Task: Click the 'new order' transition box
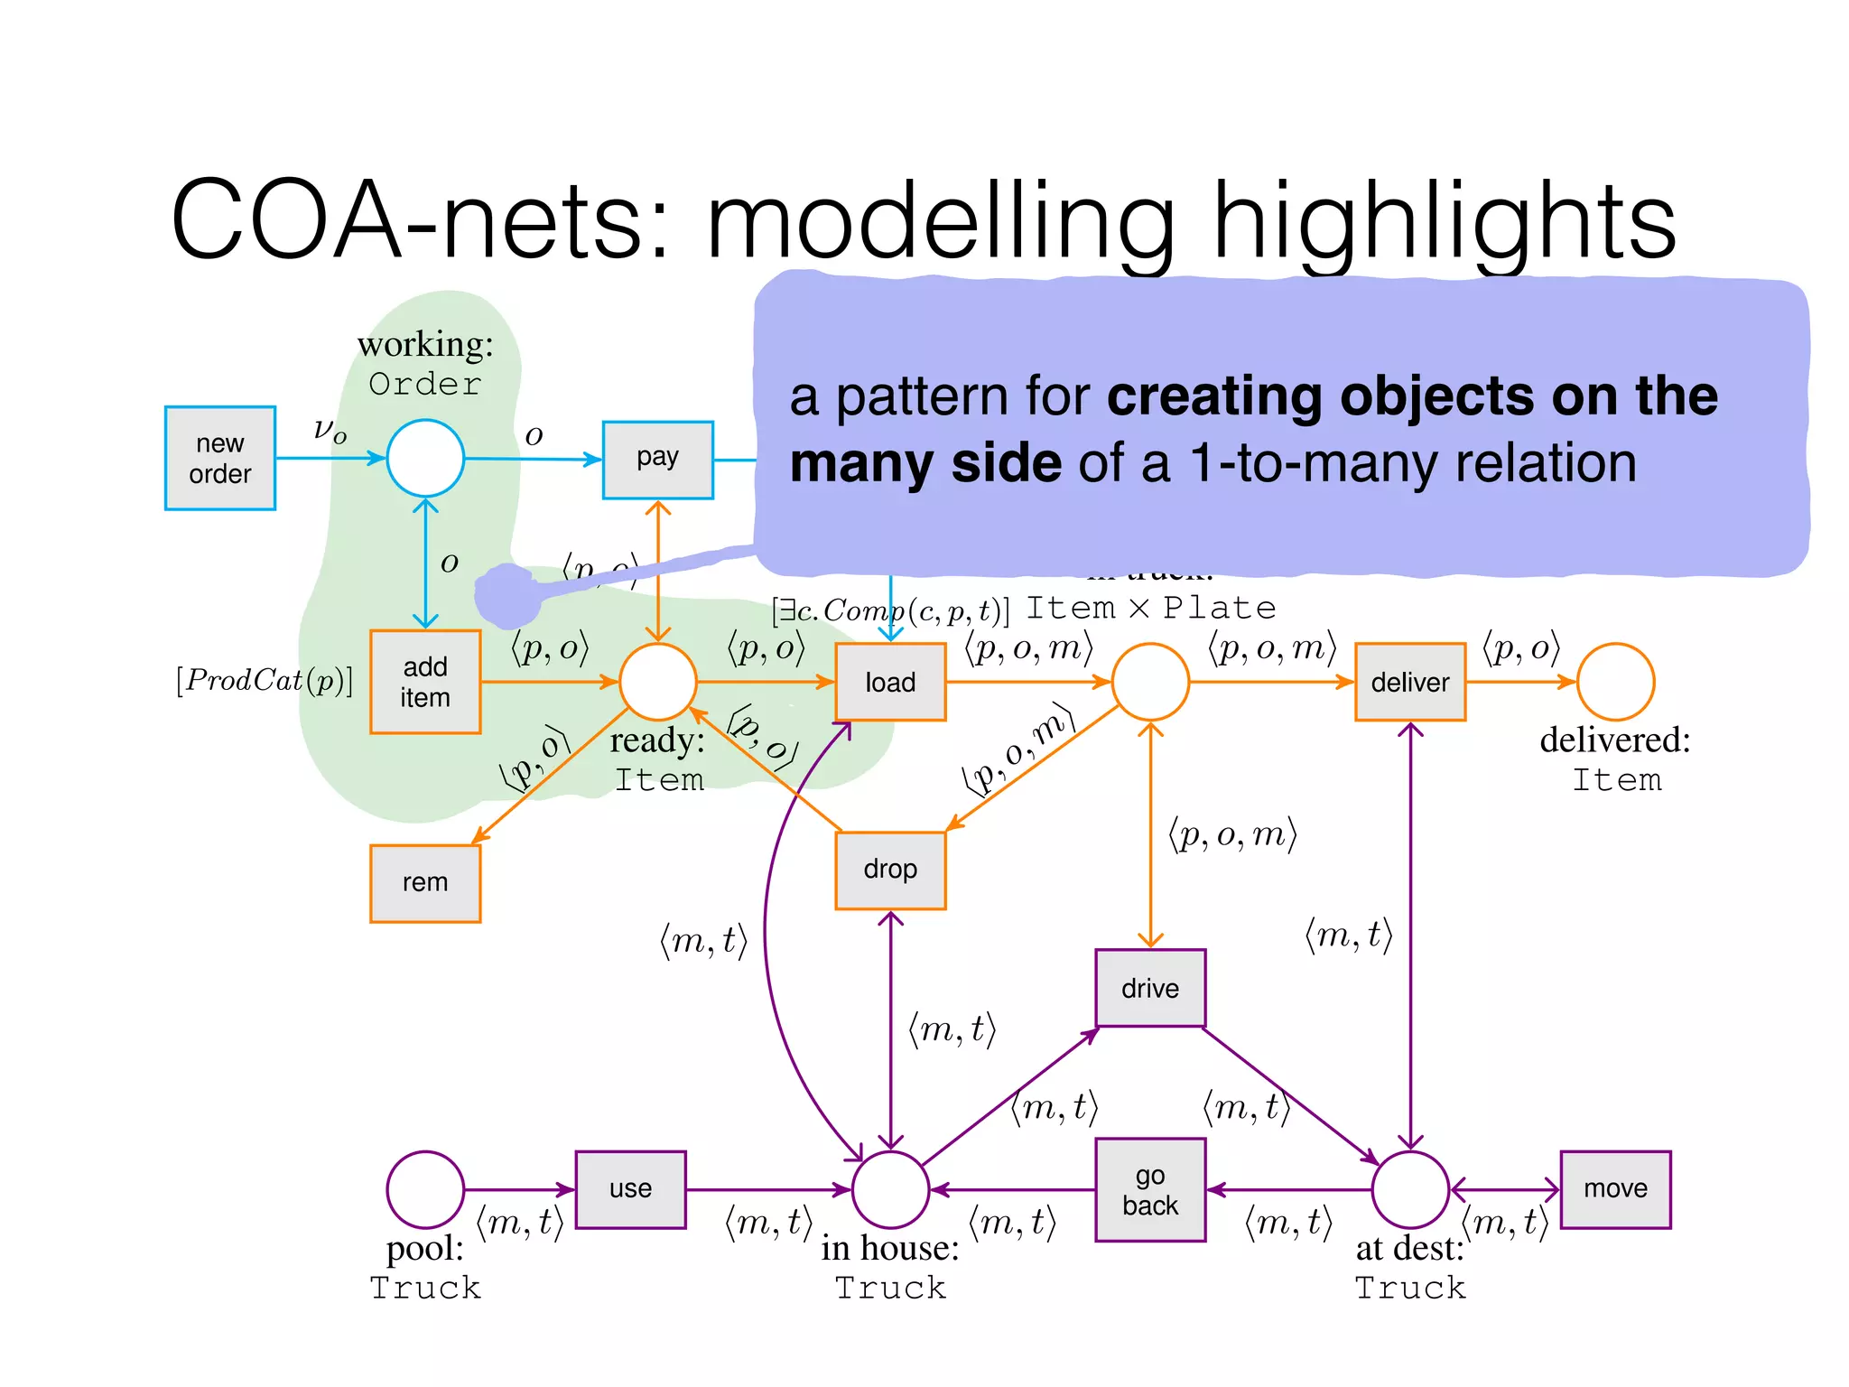click(220, 458)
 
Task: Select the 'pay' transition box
click(657, 459)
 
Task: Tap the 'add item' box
click(425, 682)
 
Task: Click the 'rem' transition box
click(425, 882)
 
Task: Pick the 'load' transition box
click(890, 682)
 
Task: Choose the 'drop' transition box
click(890, 870)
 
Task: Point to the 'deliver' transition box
click(1409, 682)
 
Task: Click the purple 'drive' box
click(1150, 988)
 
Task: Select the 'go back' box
click(1150, 1189)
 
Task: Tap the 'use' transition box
click(630, 1189)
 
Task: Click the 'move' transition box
click(1615, 1189)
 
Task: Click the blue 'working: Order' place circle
click(425, 458)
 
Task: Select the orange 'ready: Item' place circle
click(658, 682)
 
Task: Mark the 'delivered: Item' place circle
click(1615, 682)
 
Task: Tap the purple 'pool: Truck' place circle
click(425, 1189)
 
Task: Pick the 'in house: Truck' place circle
click(890, 1189)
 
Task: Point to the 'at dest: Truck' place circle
click(1409, 1189)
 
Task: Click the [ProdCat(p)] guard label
click(265, 680)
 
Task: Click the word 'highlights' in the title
click(1443, 221)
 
